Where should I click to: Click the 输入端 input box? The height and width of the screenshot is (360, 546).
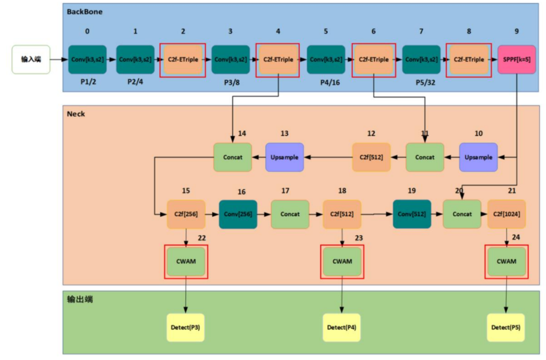pyautogui.click(x=31, y=59)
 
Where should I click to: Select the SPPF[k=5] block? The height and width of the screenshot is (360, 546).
pyautogui.click(x=517, y=59)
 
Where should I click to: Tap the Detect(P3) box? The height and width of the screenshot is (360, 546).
pyautogui.click(x=185, y=328)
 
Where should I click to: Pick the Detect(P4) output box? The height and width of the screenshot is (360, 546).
pyautogui.click(x=342, y=328)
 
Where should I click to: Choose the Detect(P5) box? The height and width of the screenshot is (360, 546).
pyautogui.click(x=506, y=328)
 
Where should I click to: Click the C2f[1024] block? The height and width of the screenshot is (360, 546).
pyautogui.click(x=506, y=214)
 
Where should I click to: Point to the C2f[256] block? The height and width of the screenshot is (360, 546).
pyautogui.click(x=186, y=214)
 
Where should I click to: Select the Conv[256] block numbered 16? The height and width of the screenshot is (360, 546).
pyautogui.click(x=238, y=214)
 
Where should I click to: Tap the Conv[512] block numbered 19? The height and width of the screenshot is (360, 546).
pyautogui.click(x=412, y=214)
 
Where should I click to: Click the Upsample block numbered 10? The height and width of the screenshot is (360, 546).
pyautogui.click(x=478, y=157)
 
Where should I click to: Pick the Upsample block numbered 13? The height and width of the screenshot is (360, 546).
pyautogui.click(x=284, y=157)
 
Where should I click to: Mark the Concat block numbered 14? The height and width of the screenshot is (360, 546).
pyautogui.click(x=233, y=157)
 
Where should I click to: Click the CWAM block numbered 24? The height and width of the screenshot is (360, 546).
pyautogui.click(x=506, y=261)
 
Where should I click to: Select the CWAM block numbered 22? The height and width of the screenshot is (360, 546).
pyautogui.click(x=186, y=261)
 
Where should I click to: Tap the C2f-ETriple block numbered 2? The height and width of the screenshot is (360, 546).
pyautogui.click(x=182, y=59)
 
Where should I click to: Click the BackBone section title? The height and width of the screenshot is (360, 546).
pyautogui.click(x=85, y=11)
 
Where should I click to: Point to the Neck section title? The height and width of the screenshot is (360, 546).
pyautogui.click(x=76, y=114)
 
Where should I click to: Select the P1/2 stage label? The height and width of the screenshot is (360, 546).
pyautogui.click(x=87, y=82)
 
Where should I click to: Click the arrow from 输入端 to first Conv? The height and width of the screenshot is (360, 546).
pyautogui.click(x=59, y=59)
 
